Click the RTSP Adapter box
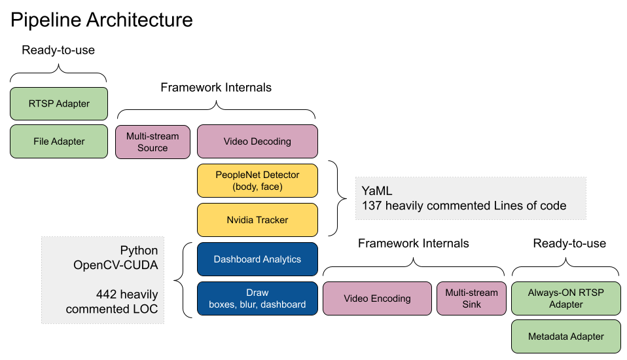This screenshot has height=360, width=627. point(59,103)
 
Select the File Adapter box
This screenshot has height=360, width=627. point(59,141)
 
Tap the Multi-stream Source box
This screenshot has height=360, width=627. point(152,141)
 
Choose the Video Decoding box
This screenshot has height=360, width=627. point(257,141)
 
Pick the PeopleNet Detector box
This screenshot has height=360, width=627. point(257,181)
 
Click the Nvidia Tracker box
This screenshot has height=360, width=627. point(257,220)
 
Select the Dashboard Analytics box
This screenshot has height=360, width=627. point(257,259)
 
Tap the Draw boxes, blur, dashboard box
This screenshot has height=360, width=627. point(257,298)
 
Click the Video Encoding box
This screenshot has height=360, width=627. point(377,298)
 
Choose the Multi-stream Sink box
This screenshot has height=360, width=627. point(471,298)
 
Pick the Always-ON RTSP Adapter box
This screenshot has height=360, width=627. point(566,298)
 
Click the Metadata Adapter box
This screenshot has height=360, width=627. point(566,336)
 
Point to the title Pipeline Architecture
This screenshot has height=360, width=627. point(101,20)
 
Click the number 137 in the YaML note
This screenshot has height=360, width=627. point(372,206)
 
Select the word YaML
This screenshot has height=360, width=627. point(377,191)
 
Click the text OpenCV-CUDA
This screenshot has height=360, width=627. point(116,265)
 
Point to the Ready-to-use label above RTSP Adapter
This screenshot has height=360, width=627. point(58,50)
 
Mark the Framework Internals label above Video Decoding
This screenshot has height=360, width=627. point(216,87)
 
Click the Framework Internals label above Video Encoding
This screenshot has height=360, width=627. point(414,243)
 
